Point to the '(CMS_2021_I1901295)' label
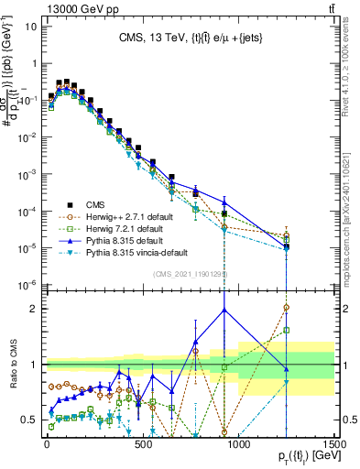190,274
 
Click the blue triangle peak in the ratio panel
224,310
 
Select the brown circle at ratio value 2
287,308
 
